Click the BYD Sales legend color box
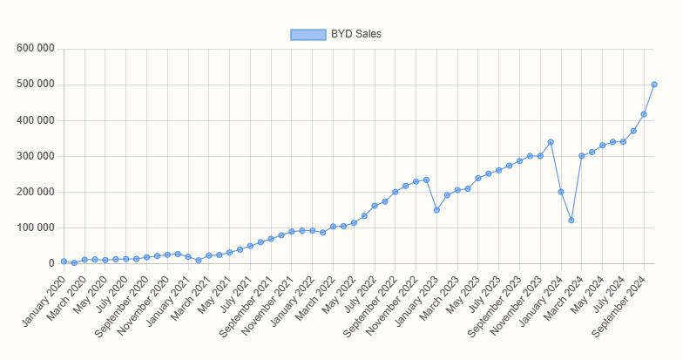coord(308,34)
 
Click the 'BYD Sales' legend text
coord(355,34)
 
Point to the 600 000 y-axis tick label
coord(36,49)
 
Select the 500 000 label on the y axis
coord(36,85)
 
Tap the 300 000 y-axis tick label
coord(36,156)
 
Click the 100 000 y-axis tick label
coord(36,228)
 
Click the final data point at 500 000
coord(654,85)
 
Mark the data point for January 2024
coord(561,192)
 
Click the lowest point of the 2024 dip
coord(571,221)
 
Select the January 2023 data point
coord(436,210)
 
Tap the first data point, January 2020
coord(64,262)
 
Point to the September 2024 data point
coord(644,114)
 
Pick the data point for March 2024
coord(582,156)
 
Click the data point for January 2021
coord(188,257)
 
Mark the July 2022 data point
coord(375,206)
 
